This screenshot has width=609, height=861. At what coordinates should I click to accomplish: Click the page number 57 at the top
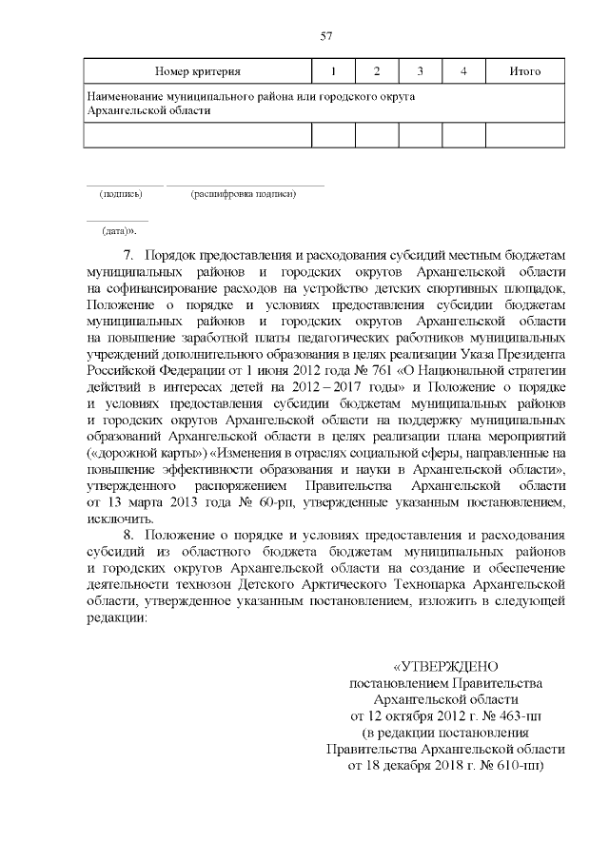click(x=325, y=36)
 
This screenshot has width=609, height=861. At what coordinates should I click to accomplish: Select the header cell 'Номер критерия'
click(x=198, y=72)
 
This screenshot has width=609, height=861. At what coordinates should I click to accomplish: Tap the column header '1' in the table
click(x=333, y=72)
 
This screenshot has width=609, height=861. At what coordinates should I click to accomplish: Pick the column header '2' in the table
click(x=377, y=72)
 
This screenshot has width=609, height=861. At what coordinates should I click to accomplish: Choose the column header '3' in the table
click(x=420, y=72)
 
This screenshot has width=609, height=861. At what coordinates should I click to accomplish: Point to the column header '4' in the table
click(x=462, y=72)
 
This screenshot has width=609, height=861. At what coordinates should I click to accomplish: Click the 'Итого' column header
click(x=525, y=72)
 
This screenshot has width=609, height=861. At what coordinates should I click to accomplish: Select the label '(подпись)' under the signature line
click(x=122, y=195)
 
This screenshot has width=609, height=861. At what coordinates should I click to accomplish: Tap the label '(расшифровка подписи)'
click(x=244, y=195)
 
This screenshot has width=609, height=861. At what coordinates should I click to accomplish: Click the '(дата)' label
click(x=119, y=231)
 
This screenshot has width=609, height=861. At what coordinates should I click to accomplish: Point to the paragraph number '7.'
click(x=131, y=256)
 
